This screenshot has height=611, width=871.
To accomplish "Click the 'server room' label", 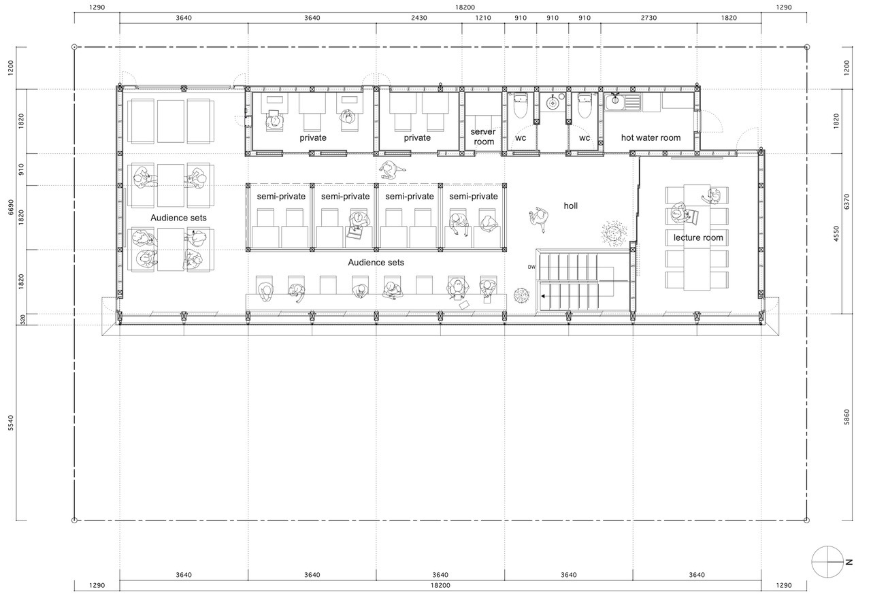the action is [483, 137].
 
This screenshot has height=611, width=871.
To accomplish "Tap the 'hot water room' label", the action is [651, 137].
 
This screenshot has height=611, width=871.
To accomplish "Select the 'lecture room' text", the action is [698, 237].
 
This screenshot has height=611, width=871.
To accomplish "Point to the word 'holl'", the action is [570, 205].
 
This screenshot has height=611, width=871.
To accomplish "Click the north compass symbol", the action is [828, 561].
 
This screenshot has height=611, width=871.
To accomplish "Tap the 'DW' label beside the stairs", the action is [531, 267].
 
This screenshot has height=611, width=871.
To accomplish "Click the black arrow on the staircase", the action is [543, 296].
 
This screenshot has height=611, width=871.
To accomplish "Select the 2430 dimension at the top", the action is [418, 18].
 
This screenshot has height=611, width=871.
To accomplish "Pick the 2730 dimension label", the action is [648, 18].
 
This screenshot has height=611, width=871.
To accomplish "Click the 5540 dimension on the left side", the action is [11, 423].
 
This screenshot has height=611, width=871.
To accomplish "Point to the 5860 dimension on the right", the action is [847, 417].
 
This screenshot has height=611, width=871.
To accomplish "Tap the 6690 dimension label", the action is [11, 207].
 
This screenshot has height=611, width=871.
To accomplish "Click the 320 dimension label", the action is [22, 320].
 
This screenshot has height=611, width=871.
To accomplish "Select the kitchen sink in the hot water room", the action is [622, 102].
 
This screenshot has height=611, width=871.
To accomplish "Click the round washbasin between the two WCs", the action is [553, 103].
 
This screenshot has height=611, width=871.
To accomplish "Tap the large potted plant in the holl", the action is [614, 233].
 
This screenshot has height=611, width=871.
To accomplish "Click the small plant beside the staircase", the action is [521, 295].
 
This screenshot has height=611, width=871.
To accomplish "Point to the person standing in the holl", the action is [539, 219].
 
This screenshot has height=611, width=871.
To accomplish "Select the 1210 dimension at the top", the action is [483, 18].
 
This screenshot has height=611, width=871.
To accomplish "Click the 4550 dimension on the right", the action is [836, 233].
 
